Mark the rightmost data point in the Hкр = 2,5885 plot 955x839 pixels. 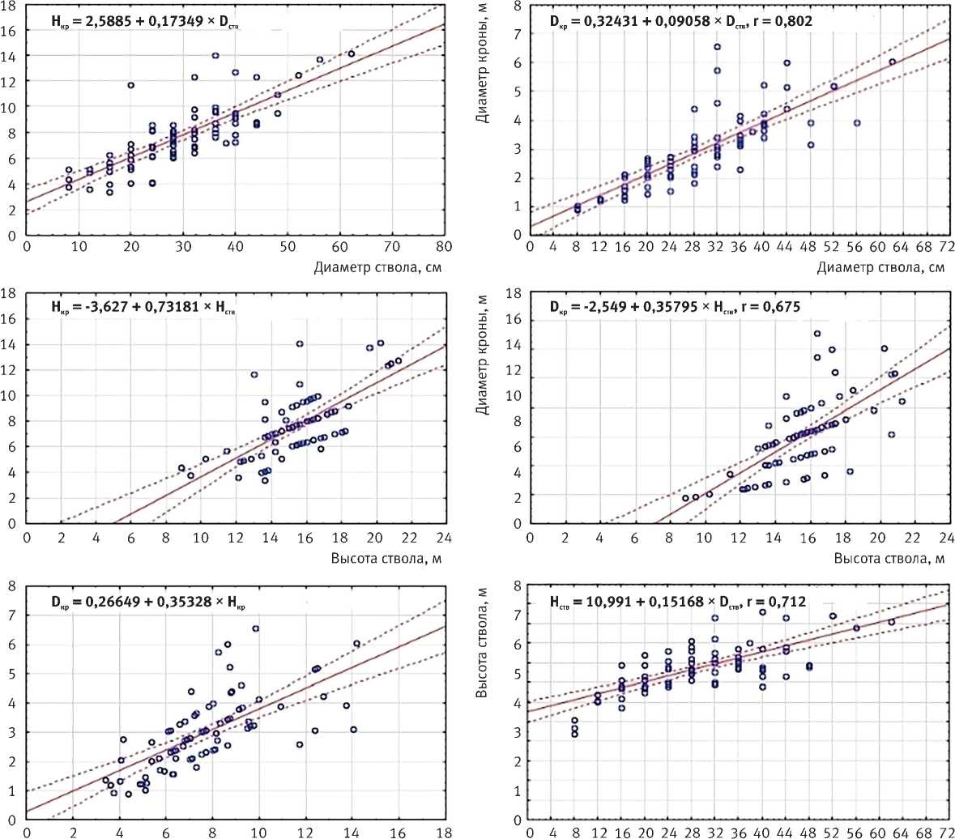tap(351, 53)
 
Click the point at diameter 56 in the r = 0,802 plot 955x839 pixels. tap(856, 123)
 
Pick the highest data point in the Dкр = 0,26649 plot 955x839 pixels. tap(255, 628)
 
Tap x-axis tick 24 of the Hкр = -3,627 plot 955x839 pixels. tap(442, 536)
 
